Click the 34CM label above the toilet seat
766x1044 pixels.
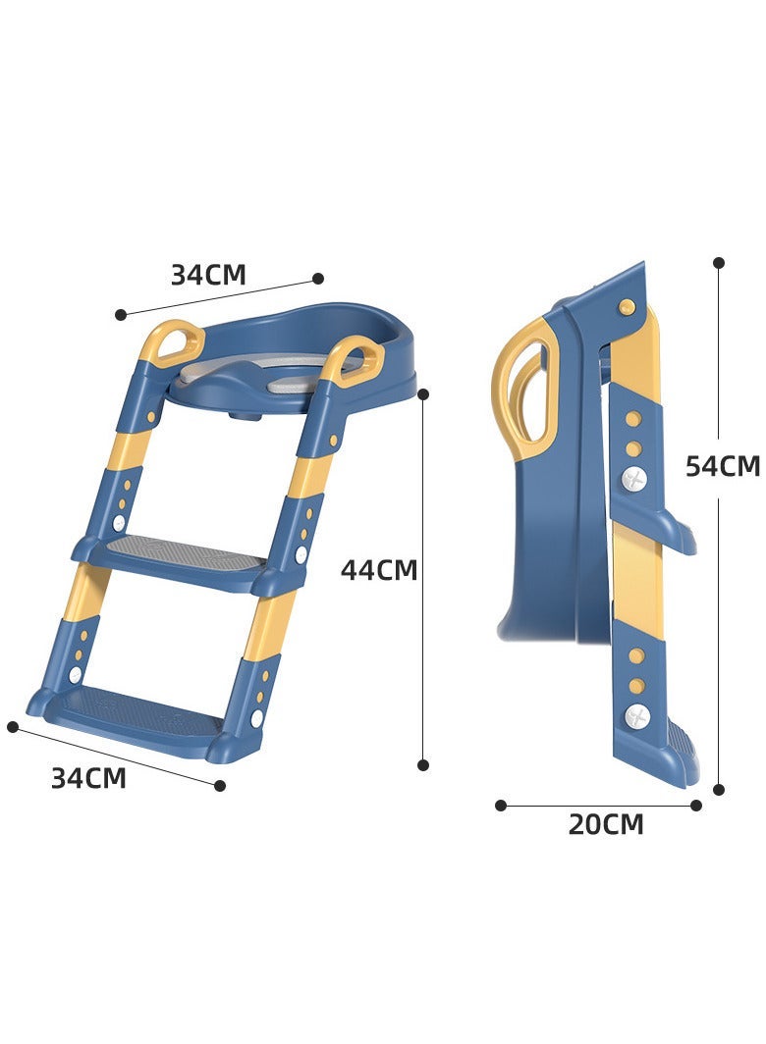tap(208, 275)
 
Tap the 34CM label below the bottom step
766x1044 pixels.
tap(88, 778)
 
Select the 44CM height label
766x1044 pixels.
tap(379, 570)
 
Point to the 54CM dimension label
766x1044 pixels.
tap(723, 466)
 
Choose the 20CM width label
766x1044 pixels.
tap(606, 824)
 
